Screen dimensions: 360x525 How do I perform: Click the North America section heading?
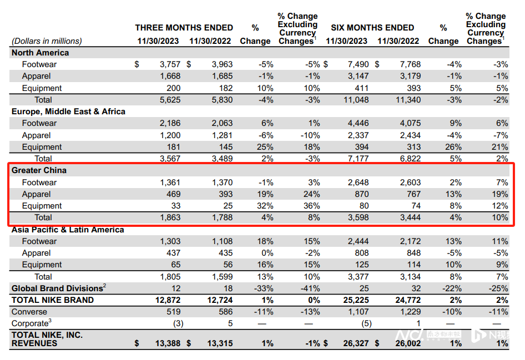40,53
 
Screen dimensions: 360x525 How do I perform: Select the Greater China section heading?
38,170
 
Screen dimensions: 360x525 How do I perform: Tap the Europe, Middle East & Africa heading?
68,111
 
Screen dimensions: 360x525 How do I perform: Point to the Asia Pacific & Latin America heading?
68,230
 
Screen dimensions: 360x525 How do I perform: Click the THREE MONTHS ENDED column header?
184,28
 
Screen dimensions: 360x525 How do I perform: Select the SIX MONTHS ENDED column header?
372,28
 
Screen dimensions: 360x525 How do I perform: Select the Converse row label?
29,312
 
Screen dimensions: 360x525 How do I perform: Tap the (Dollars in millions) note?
47,41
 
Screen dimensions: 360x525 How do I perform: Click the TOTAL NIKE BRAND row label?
53,300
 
